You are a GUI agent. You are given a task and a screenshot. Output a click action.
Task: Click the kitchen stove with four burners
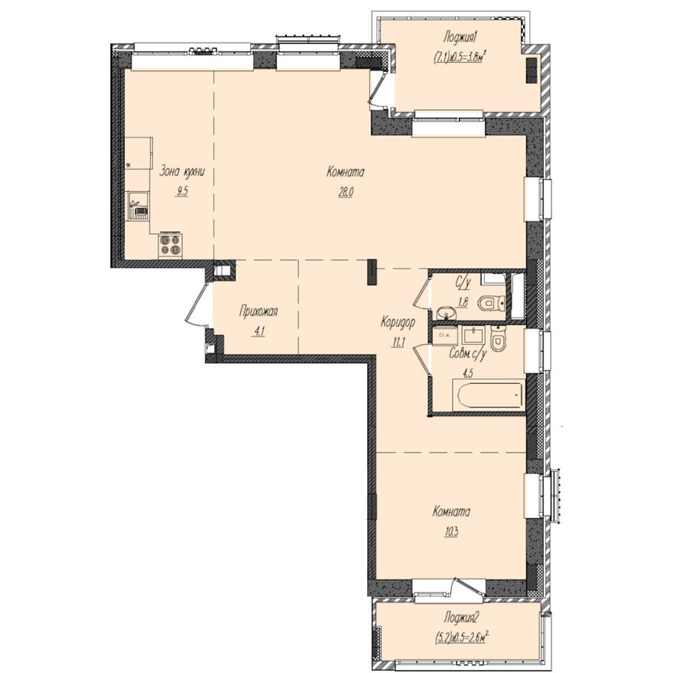(170, 245)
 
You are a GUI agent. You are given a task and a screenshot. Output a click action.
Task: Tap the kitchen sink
(138, 205)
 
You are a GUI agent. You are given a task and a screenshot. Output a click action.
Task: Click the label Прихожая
(258, 311)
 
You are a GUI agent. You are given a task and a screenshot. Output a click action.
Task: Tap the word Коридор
(397, 323)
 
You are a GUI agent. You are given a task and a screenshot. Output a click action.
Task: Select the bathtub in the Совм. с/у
(487, 396)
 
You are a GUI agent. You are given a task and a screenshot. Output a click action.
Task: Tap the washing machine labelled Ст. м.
(443, 335)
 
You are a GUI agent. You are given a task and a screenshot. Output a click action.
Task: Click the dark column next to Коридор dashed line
(372, 271)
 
